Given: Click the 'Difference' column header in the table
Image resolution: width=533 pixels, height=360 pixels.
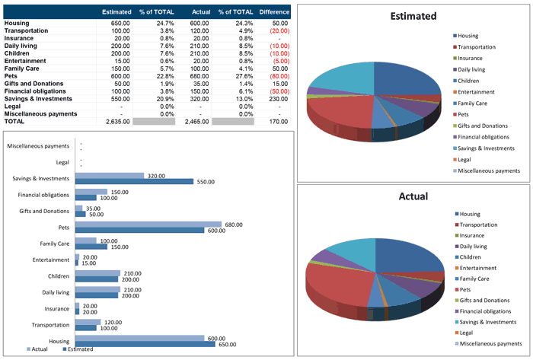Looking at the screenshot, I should click(274, 12).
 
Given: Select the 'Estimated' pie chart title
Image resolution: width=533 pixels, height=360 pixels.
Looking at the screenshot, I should click(413, 16).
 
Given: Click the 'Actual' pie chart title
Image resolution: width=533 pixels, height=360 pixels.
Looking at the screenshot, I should click(413, 196).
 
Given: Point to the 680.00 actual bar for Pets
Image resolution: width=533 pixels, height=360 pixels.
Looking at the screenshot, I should click(148, 225).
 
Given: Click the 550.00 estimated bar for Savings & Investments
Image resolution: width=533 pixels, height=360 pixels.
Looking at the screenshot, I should click(134, 181).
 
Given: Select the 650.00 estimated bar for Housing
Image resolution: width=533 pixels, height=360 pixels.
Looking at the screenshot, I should click(145, 345).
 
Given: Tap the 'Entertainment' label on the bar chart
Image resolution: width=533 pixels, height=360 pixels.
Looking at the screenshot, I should click(53, 260).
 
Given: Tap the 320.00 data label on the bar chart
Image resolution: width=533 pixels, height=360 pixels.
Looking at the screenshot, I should click(156, 175).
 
